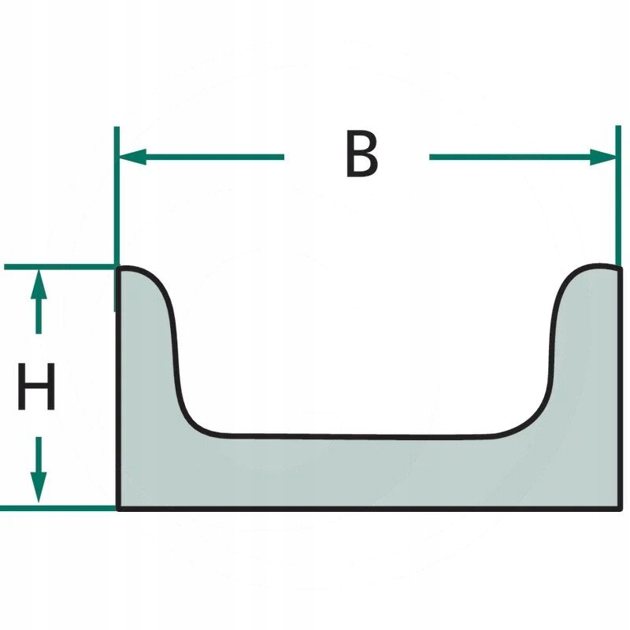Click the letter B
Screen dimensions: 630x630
pos(361,154)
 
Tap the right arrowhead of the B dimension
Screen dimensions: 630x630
pos(605,157)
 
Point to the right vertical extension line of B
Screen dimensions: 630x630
pos(617,197)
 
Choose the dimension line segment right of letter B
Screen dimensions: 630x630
pos(512,157)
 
